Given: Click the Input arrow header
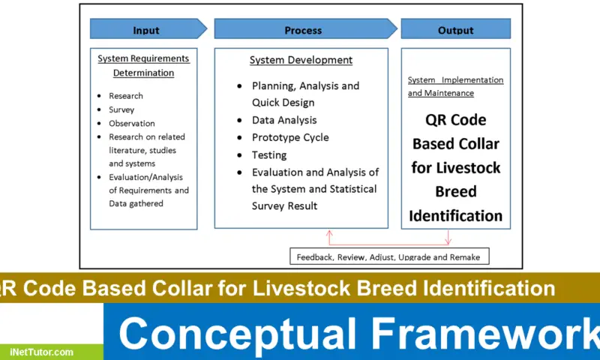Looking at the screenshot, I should [146, 30].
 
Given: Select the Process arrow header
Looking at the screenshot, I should [304, 30].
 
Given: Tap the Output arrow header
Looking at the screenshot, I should [456, 30].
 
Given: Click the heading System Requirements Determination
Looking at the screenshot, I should [143, 65].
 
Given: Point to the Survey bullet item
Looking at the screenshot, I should [121, 109].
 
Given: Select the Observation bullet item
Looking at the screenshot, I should [132, 123].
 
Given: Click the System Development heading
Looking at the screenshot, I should [301, 60].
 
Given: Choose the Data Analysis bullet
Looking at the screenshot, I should [284, 120].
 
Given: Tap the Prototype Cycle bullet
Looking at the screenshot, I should [290, 137].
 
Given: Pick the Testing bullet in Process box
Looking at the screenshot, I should [269, 155].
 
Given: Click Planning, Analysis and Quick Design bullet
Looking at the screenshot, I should [305, 94].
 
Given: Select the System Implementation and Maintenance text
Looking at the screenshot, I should [455, 86].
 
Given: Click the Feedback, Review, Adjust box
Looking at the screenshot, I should [388, 256].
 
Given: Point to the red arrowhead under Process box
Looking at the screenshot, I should [328, 232].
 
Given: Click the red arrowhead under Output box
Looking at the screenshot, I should [448, 240].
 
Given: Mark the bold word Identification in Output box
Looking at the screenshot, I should [455, 216].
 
